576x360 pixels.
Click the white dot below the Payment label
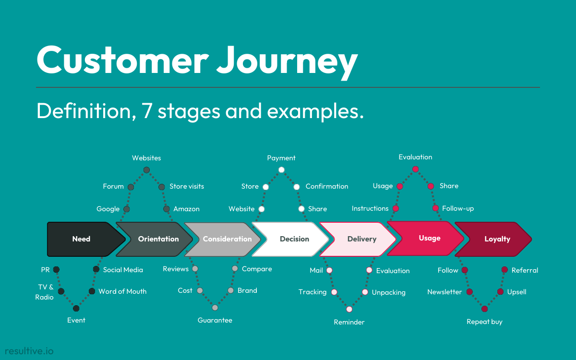(x=281, y=170)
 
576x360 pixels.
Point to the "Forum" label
(x=113, y=186)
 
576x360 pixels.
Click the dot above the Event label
(x=76, y=308)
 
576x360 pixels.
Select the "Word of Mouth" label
(x=122, y=291)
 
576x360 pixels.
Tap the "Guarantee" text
(x=215, y=320)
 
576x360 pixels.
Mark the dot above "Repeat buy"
(x=484, y=309)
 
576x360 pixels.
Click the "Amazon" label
(x=186, y=209)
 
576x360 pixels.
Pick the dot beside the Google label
(x=127, y=209)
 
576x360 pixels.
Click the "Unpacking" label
(x=388, y=292)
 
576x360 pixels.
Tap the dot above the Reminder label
(x=349, y=309)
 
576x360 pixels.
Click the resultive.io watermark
(x=29, y=351)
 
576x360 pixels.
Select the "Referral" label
(x=525, y=270)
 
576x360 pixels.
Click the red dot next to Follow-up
(x=435, y=208)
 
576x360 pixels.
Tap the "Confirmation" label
(x=327, y=186)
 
